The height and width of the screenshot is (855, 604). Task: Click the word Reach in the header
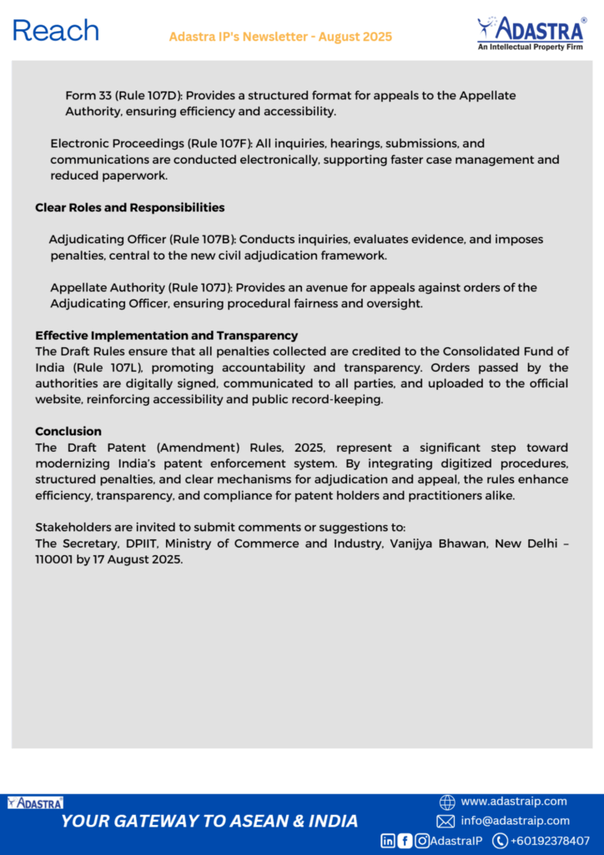[56, 31]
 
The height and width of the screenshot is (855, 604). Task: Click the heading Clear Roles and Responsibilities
[129, 207]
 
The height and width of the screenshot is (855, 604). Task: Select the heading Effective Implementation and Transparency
[166, 336]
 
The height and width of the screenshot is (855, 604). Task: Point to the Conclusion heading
[68, 432]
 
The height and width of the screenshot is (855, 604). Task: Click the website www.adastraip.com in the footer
[513, 802]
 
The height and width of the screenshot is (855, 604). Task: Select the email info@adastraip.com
[515, 821]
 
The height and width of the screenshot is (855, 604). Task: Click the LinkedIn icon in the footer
[388, 841]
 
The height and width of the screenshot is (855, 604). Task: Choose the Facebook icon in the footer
[405, 841]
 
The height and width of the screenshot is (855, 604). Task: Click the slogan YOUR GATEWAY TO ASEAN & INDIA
[209, 821]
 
